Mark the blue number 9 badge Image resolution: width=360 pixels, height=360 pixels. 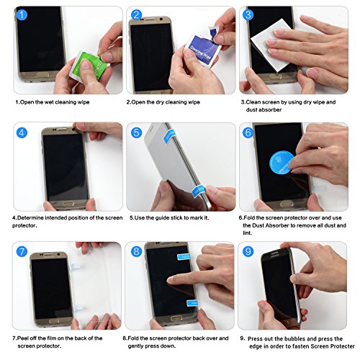tap(248, 253)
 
